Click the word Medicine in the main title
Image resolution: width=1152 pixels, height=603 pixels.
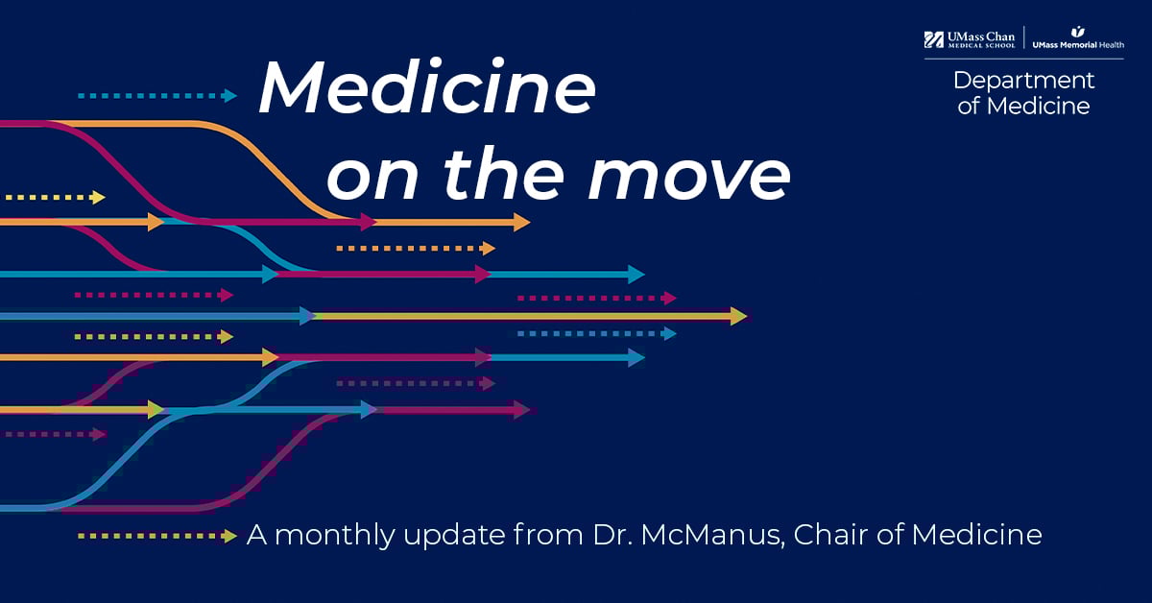428,86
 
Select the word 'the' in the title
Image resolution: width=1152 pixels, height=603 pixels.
503,173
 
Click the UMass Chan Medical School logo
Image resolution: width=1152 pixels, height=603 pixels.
970,39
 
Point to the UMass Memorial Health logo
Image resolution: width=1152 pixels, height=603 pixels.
1078,38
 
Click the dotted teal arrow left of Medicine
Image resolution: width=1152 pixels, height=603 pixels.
157,96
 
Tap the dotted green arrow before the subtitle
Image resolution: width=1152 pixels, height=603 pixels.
157,536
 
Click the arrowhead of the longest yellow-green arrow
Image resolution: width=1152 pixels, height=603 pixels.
739,315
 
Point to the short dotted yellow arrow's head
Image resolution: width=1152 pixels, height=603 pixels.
98,197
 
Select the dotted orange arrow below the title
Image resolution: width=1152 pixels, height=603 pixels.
416,249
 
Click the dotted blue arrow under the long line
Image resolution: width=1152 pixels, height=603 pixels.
597,334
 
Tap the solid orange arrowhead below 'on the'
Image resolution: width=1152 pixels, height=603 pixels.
522,222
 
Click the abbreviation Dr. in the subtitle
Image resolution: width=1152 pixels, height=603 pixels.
612,535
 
